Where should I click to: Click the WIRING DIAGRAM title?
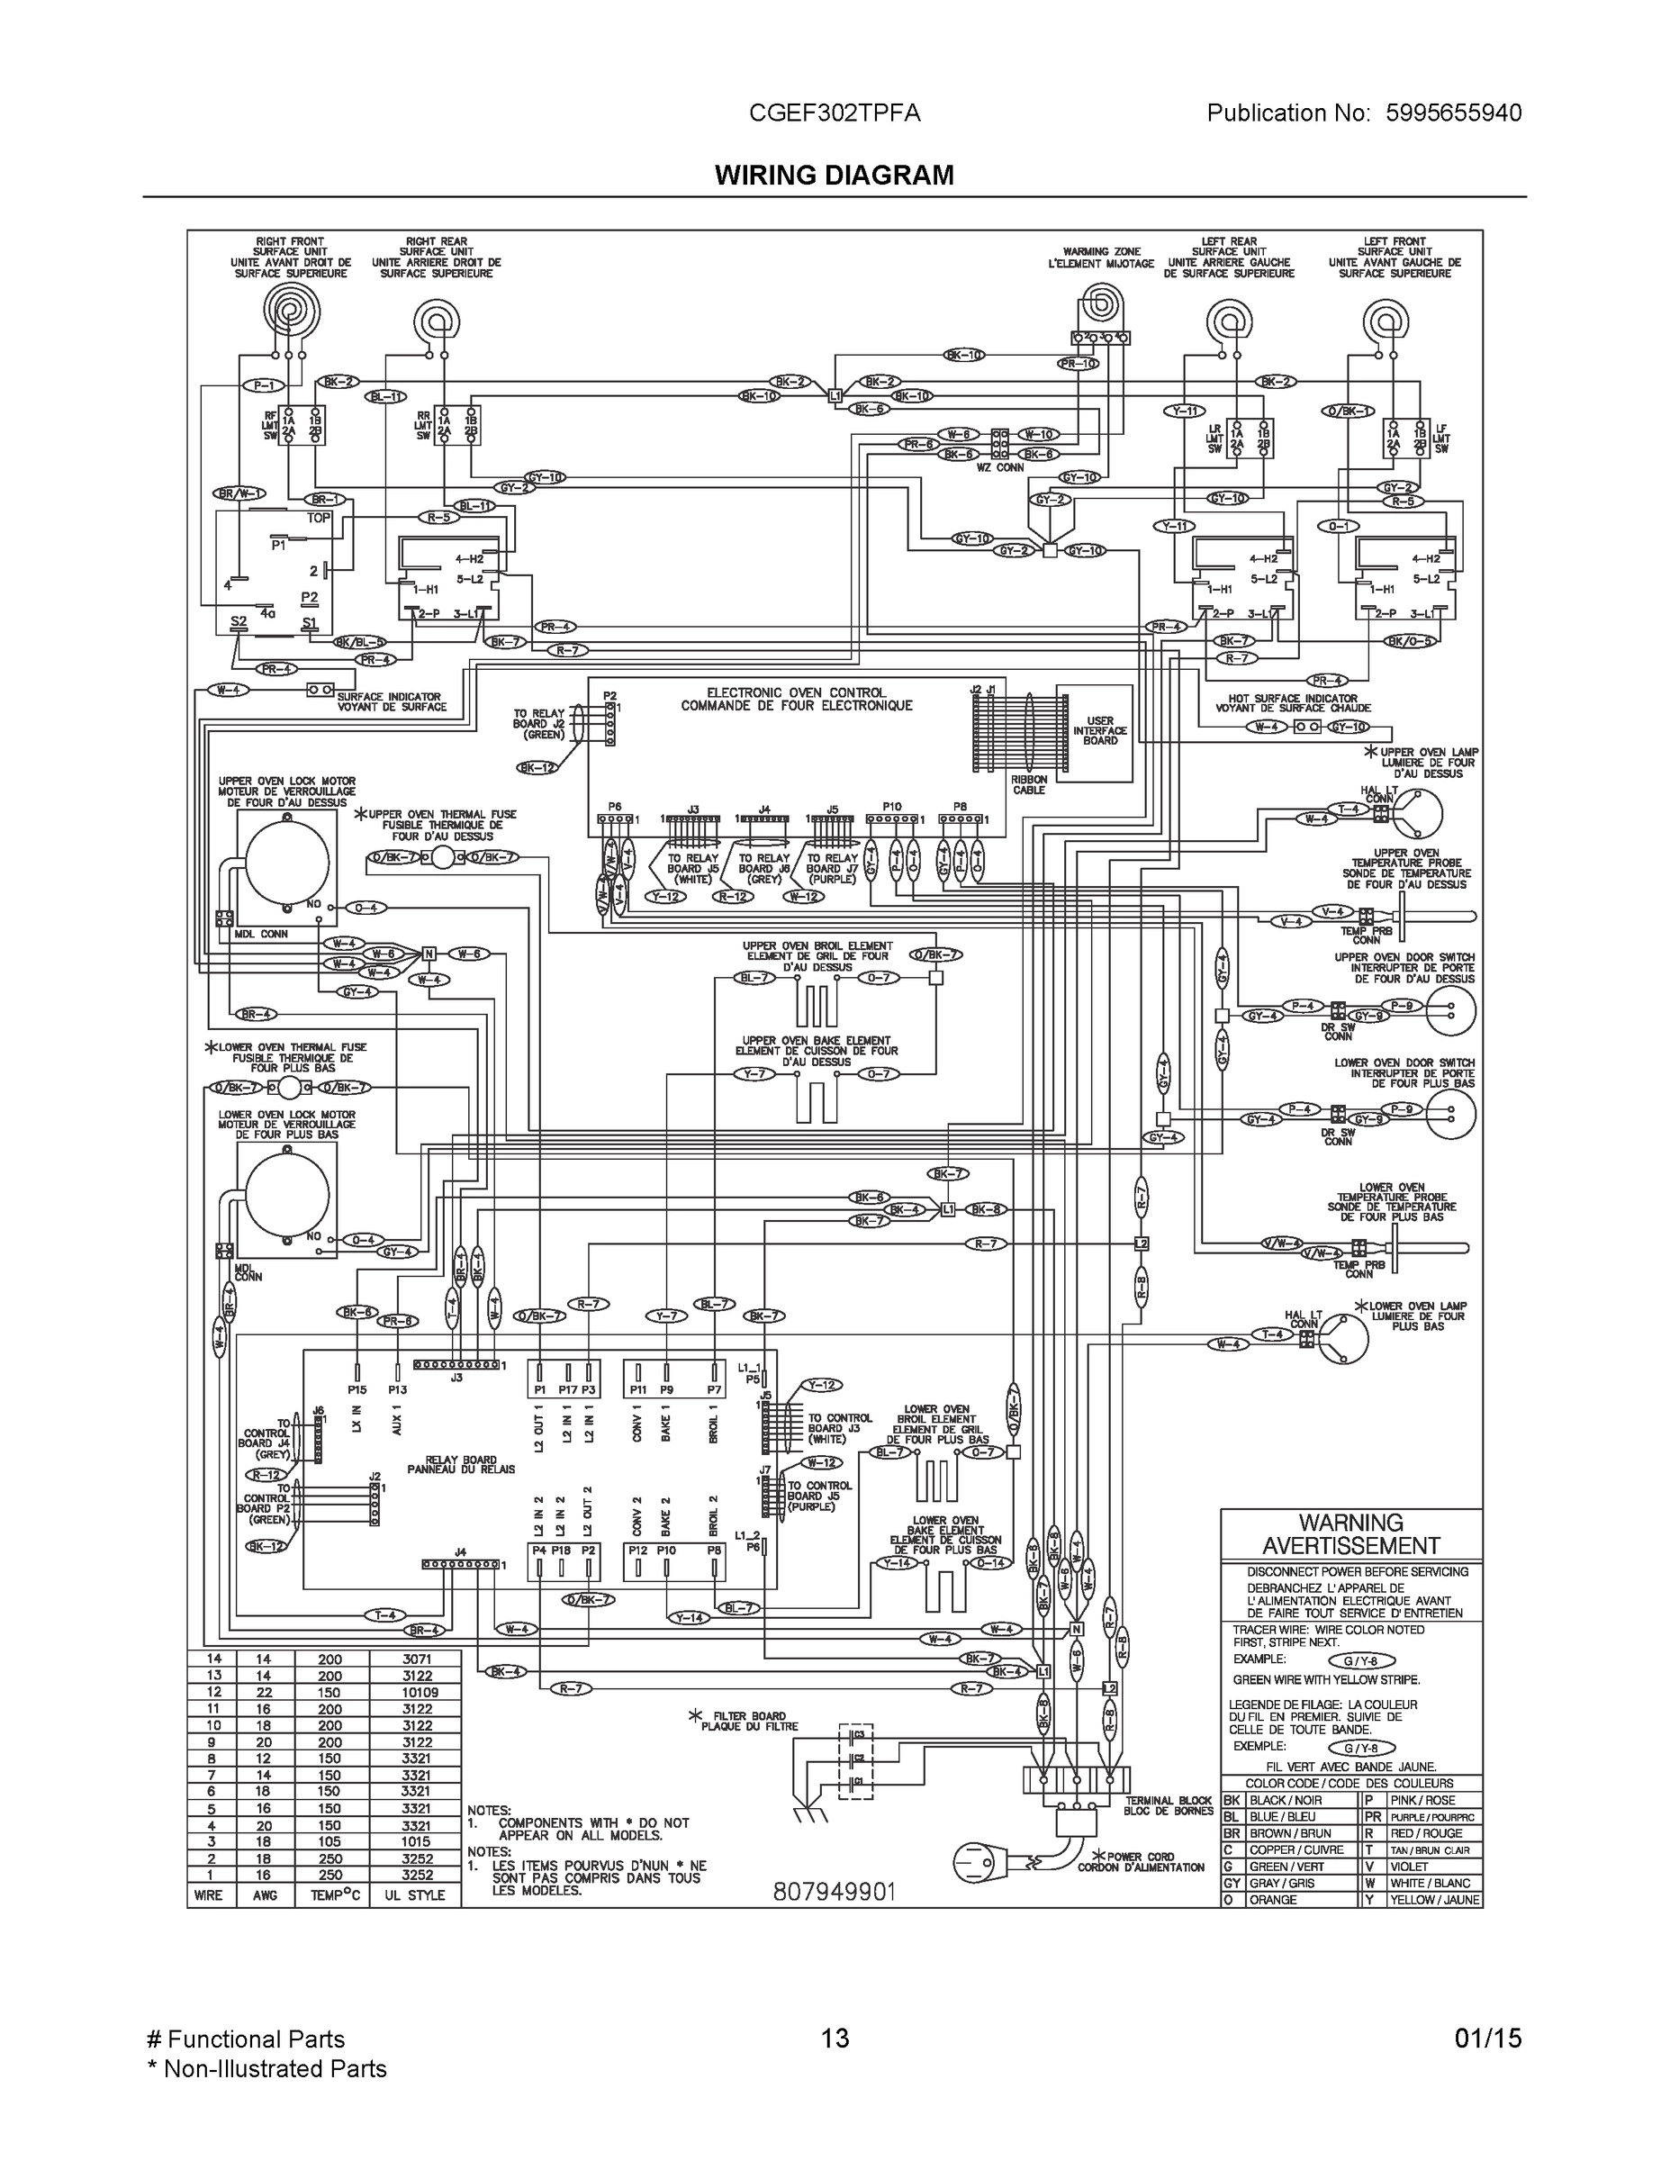coord(834,176)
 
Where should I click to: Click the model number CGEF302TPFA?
coord(834,113)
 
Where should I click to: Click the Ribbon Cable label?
coord(1028,784)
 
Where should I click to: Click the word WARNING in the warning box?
coord(1350,1523)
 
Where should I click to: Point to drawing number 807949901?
coord(834,1891)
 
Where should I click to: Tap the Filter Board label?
coord(749,1721)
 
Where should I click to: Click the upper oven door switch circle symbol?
coord(1449,1010)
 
